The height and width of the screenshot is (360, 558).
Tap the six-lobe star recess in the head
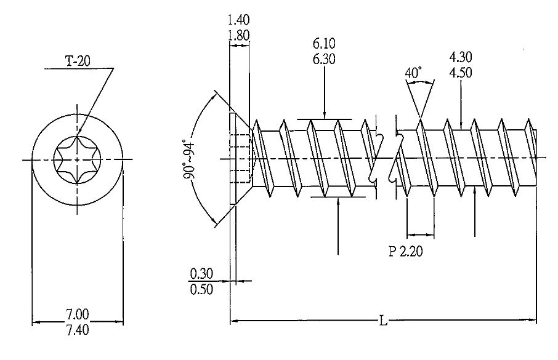point(77,160)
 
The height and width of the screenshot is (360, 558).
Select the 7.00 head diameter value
point(77,314)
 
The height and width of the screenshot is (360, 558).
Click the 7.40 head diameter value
point(77,330)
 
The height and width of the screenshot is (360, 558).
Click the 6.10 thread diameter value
point(325,45)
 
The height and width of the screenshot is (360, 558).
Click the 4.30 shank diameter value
point(461,57)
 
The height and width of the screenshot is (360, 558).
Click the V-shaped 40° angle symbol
point(419,98)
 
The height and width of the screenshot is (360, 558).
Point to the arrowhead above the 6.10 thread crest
point(325,115)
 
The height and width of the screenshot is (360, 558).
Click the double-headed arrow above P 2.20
point(420,234)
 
